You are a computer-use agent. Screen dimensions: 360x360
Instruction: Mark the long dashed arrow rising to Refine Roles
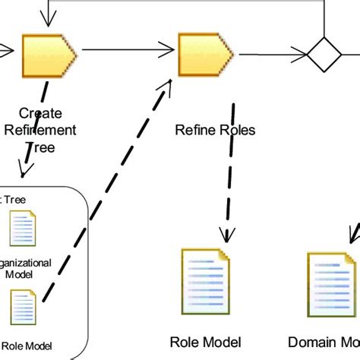106,190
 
